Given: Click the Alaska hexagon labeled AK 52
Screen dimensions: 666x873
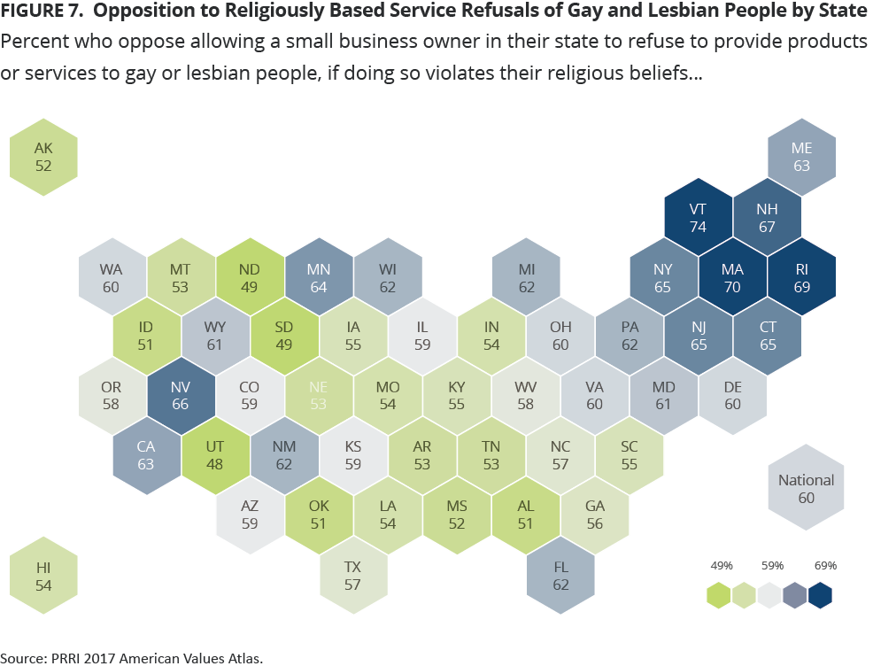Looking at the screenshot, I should tap(43, 158).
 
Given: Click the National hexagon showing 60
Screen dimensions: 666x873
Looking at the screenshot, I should tap(806, 488).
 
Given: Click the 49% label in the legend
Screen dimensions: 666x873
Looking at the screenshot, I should tap(721, 565).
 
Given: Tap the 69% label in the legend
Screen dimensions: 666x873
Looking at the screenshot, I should tap(823, 565).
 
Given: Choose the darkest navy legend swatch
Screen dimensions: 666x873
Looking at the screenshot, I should tap(821, 595).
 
